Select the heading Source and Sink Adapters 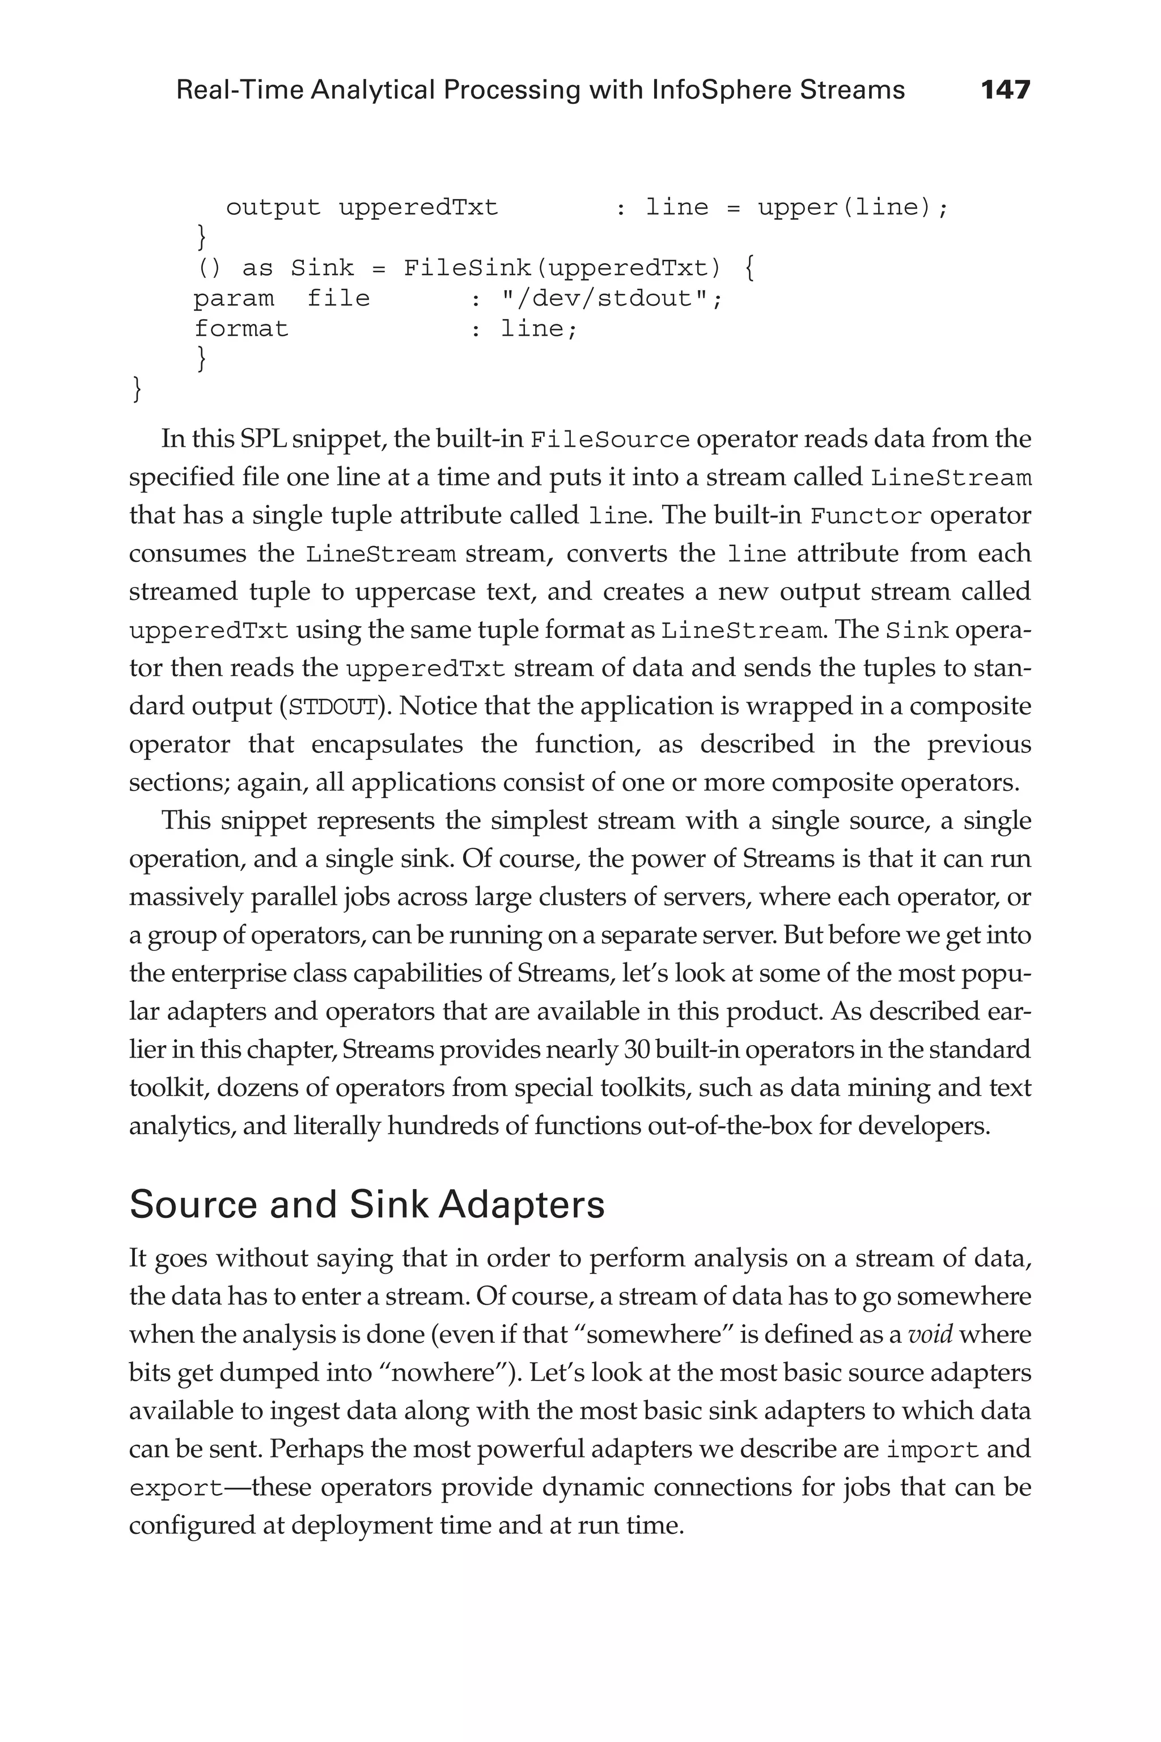coord(367,1204)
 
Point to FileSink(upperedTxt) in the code coord(562,268)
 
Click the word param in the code coord(233,298)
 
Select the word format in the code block coord(241,329)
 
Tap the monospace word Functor coord(866,516)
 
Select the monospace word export coord(176,1488)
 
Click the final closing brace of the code coord(136,389)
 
